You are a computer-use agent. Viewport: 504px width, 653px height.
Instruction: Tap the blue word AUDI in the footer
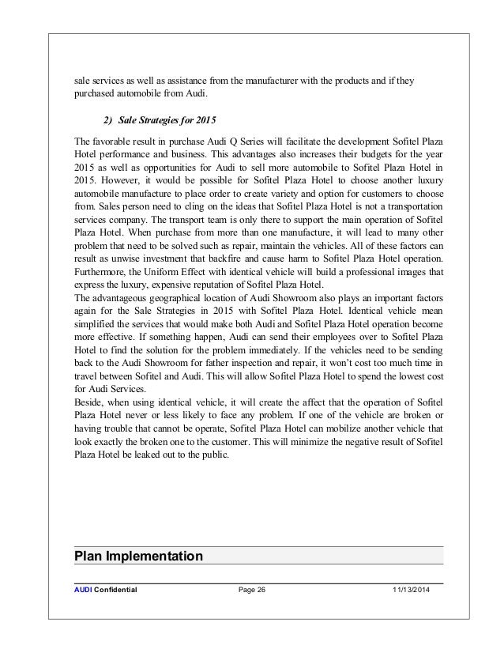pos(81,591)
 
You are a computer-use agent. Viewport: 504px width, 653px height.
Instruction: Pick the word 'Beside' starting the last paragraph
pos(84,403)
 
